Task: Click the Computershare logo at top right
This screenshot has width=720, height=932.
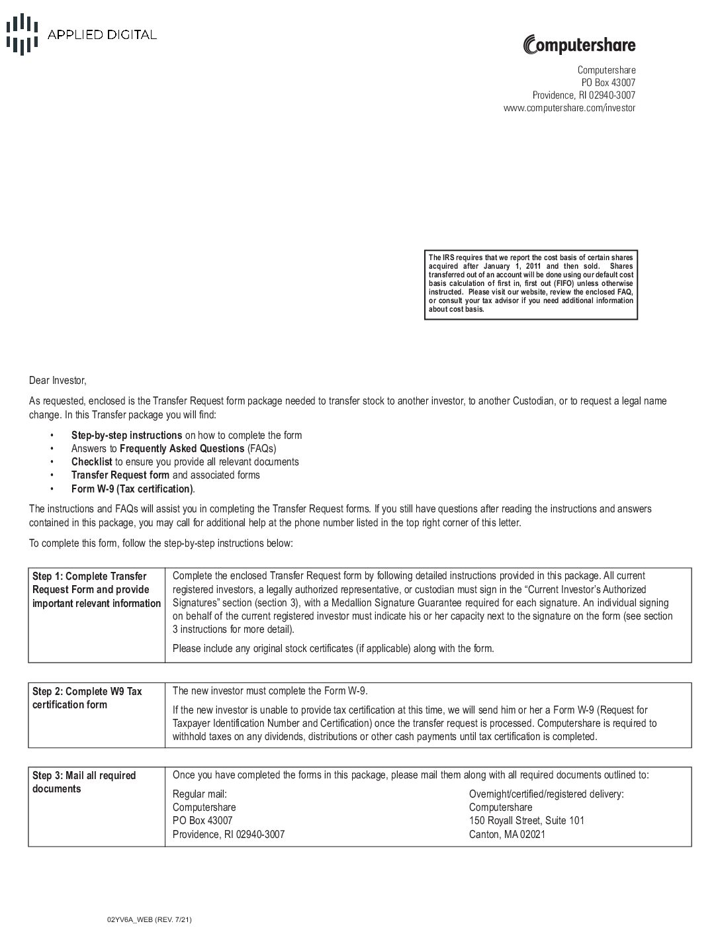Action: coord(579,45)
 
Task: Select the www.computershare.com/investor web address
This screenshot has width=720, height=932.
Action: coord(569,108)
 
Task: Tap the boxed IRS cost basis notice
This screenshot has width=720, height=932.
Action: coord(531,283)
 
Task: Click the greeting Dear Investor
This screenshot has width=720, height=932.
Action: coord(58,381)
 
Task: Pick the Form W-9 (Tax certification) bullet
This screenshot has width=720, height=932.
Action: coord(132,489)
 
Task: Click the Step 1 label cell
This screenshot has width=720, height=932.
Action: coord(96,590)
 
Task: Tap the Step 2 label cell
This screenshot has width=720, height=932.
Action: coord(87,698)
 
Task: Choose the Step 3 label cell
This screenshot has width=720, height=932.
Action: coord(83,782)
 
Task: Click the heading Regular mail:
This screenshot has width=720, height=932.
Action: coord(200,794)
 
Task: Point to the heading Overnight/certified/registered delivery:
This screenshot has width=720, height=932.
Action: coord(546,794)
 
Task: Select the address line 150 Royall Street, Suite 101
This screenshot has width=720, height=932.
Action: coord(526,821)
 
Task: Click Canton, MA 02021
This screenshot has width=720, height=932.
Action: coord(507,835)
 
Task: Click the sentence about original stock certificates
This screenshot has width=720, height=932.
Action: coord(333,648)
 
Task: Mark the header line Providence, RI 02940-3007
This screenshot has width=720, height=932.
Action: coord(584,95)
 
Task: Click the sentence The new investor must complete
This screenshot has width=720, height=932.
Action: coord(269,691)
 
